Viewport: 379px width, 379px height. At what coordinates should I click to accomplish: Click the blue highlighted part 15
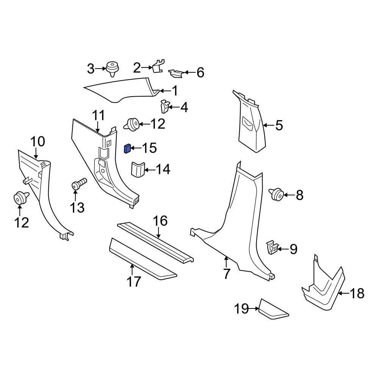pyautogui.click(x=127, y=148)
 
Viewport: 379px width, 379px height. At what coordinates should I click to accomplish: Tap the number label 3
pyautogui.click(x=91, y=69)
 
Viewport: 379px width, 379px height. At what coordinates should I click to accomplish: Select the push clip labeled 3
pyautogui.click(x=112, y=69)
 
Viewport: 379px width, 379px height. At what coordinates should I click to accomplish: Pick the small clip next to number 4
pyautogui.click(x=164, y=106)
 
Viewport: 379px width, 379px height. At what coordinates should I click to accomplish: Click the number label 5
pyautogui.click(x=279, y=125)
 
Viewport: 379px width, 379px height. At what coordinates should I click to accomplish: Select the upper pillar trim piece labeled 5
pyautogui.click(x=251, y=125)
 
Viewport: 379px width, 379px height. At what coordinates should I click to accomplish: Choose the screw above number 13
pyautogui.click(x=79, y=185)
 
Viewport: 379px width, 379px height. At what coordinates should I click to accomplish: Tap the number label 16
pyautogui.click(x=160, y=221)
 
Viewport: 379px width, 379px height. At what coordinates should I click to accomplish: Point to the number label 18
pyautogui.click(x=356, y=293)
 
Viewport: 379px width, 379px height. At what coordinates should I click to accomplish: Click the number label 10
pyautogui.click(x=38, y=142)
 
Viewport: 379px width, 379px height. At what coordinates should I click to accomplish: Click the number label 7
pyautogui.click(x=226, y=273)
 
